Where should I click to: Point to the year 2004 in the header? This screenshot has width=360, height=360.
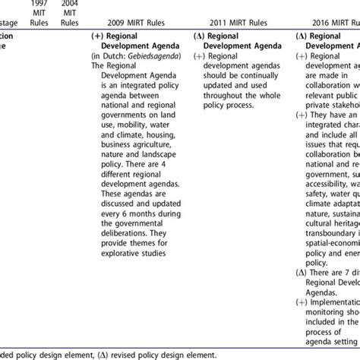[x=69, y=4]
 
